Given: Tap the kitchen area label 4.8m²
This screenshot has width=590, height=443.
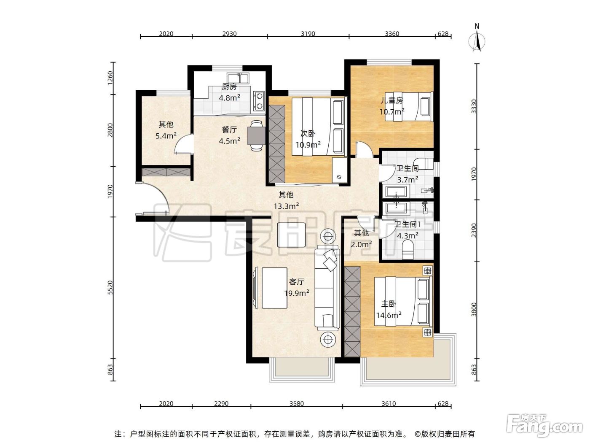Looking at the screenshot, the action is coord(229,97).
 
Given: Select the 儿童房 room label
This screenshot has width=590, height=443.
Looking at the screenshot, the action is coord(392,100).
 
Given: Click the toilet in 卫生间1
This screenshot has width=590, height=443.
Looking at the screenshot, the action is coord(408,250).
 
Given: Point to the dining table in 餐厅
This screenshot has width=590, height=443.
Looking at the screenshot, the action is coord(256,135).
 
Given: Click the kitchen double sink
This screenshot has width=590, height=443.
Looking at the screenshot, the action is coord(238,78).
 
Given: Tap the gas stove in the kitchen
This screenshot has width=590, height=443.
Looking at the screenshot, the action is coord(259,101).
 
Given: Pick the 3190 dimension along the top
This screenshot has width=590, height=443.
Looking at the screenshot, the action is coord(308,34).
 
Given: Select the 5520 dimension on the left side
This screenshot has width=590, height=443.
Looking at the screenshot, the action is coord(110,288).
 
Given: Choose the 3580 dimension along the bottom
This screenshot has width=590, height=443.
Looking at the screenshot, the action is coord(297,403).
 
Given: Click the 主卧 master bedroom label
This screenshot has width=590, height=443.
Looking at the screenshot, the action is coord(389,304).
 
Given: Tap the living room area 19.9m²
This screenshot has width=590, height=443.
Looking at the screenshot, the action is coord(297,293).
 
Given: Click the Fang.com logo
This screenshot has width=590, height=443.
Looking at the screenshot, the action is coord(544,426).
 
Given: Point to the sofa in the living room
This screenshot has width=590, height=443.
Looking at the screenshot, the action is coord(327,288).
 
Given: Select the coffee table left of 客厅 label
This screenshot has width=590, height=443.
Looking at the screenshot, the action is coord(274,288).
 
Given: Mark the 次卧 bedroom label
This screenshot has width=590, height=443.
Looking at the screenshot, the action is coord(308,133).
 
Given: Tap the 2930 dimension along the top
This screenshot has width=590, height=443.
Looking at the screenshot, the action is coord(229,34).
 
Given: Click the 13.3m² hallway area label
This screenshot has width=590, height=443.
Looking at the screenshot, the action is coord(286,206).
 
